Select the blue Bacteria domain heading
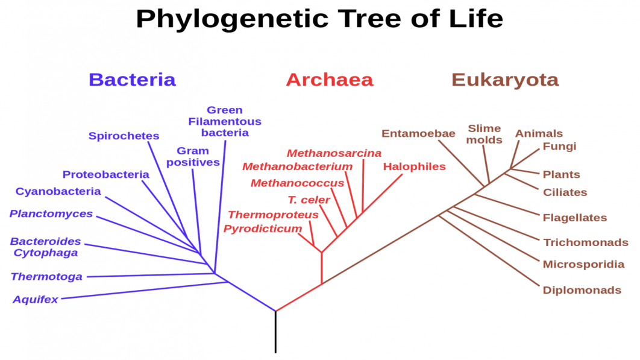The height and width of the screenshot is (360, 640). (132, 80)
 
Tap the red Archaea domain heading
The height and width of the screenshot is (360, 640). (330, 80)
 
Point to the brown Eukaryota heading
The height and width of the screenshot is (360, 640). (505, 80)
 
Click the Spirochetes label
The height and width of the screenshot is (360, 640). (124, 136)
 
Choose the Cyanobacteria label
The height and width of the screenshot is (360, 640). (58, 191)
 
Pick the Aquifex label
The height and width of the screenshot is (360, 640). (35, 300)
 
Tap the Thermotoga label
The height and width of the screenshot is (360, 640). (46, 277)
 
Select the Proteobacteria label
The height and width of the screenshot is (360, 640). (105, 174)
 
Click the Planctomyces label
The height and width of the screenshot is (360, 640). (51, 213)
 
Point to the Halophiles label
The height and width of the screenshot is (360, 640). (414, 166)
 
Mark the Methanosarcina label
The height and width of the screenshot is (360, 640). (334, 153)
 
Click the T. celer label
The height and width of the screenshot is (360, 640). (309, 200)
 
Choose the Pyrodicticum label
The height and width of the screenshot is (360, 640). (263, 229)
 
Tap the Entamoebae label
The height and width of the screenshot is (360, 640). (418, 134)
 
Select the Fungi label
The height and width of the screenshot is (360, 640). (559, 147)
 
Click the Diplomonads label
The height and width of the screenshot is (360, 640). (582, 290)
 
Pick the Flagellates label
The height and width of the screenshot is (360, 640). (575, 218)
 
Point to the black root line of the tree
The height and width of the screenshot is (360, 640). (275, 332)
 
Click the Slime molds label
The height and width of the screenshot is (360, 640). (484, 134)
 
